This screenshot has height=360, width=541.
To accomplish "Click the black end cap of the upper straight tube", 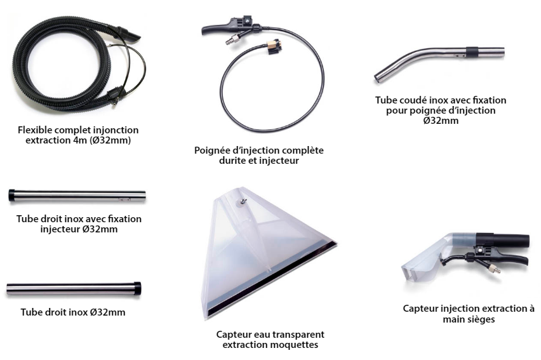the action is click(11, 195).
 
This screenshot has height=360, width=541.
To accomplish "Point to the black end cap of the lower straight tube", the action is click(137, 288).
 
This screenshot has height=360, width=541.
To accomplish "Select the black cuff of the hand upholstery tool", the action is click(502, 239).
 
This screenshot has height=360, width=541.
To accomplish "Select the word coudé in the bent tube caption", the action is click(412, 100).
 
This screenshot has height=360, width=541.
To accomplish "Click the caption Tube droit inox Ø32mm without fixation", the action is click(73, 312).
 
